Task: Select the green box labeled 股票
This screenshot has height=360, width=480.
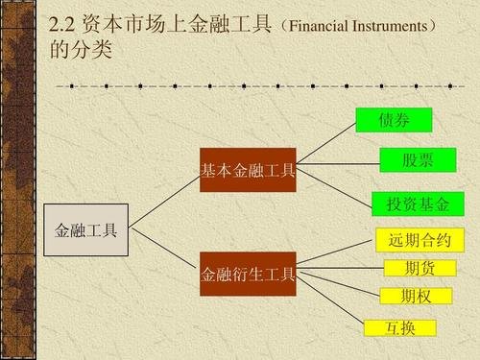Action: tap(417, 159)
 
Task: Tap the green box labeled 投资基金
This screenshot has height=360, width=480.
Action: tap(418, 204)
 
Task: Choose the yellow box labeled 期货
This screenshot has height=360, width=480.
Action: tap(419, 268)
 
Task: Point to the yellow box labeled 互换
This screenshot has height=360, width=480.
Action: tap(399, 327)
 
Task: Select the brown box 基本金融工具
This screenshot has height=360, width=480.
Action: tap(248, 170)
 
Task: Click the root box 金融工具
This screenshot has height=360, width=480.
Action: tap(85, 230)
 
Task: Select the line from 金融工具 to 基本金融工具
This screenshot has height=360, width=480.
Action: tap(164, 201)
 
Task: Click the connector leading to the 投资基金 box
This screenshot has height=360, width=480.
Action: tap(334, 188)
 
